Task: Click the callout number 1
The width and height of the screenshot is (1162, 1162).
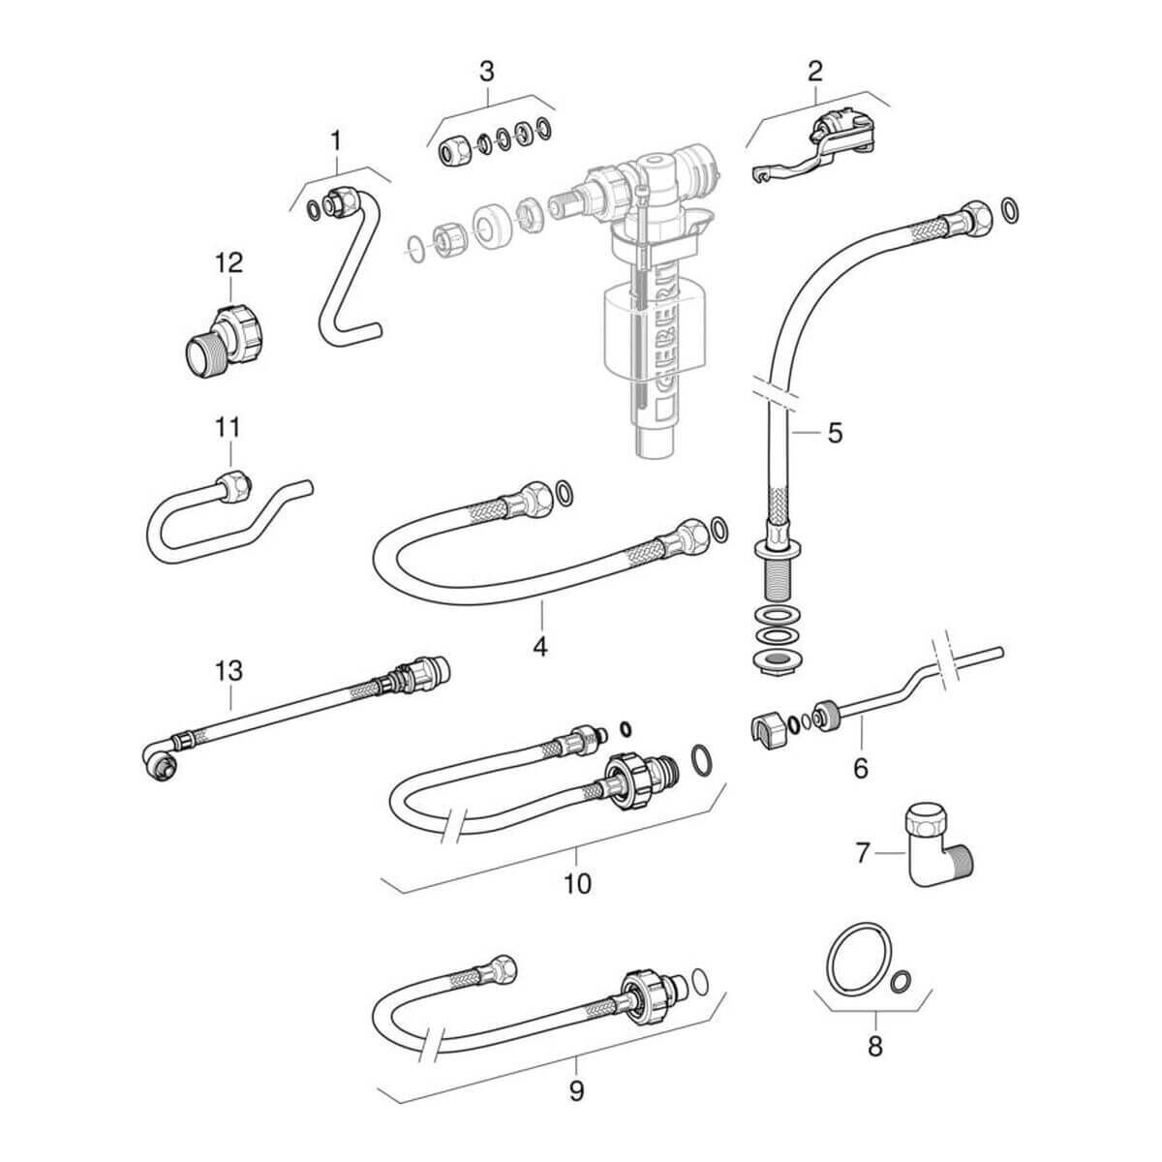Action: pos(335,141)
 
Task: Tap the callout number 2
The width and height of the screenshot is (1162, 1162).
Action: pos(815,70)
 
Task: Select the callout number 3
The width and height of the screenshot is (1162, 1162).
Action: pos(487,71)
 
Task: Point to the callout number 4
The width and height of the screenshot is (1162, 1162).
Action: pos(539,645)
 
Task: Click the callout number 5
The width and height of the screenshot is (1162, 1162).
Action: pos(835,432)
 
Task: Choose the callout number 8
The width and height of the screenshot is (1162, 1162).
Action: pos(874,1047)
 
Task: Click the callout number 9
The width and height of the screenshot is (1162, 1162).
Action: pos(577,1091)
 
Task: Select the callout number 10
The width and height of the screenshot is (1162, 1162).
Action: pos(577,883)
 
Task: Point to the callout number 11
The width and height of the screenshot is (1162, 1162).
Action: pos(229,427)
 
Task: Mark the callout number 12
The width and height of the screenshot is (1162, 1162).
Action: pos(229,262)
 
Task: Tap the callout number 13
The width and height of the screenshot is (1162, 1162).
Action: pos(229,670)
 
